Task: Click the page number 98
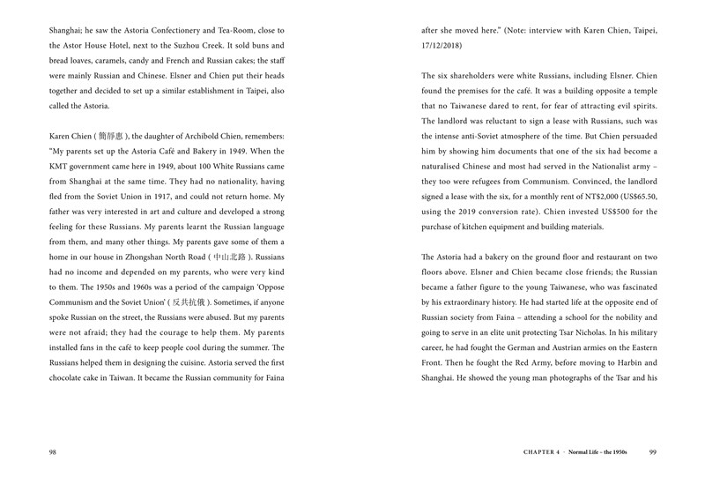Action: tap(52, 453)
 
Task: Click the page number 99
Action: tap(652, 453)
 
